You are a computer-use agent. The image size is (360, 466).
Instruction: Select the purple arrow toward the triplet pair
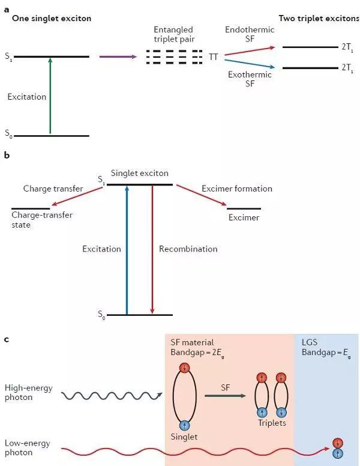pos(117,57)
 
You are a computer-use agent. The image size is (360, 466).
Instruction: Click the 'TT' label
pos(213,57)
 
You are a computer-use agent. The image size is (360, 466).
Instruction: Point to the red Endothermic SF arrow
pos(247,49)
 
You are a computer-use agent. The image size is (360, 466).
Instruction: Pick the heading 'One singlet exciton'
pos(49,19)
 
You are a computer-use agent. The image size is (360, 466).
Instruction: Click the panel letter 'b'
pos(7,155)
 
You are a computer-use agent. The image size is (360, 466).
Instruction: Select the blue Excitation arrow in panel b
pos(127,249)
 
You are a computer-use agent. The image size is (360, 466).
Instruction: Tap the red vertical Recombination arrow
pos(152,249)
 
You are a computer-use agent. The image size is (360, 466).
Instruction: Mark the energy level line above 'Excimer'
pos(244,208)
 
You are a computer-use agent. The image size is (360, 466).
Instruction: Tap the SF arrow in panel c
pos(225,395)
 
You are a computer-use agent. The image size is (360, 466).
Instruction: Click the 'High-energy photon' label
pos(28,393)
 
